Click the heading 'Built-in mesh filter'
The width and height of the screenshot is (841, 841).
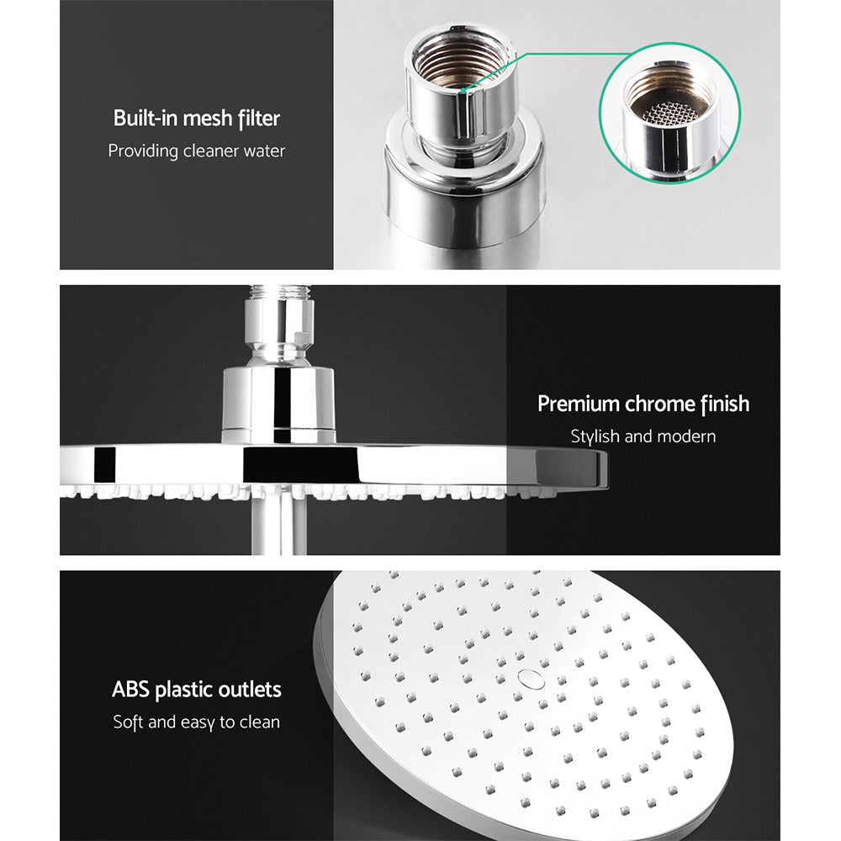197,119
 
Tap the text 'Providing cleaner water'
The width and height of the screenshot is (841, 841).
197,151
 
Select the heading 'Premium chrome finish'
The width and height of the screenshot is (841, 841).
643,404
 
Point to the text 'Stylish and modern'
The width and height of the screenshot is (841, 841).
643,436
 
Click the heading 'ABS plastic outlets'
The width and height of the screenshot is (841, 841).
197,690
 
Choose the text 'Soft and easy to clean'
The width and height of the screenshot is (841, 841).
197,722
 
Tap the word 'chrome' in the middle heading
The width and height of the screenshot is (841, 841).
660,404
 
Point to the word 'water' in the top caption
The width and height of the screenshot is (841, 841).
264,151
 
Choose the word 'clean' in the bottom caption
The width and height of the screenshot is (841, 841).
261,722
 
